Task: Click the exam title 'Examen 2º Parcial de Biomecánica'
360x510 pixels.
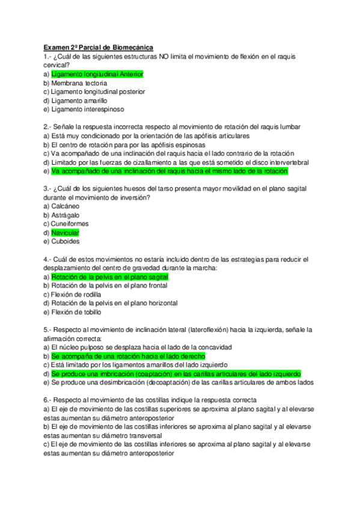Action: point(99,47)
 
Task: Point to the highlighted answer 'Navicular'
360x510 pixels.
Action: point(65,232)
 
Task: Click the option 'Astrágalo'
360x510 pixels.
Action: point(66,215)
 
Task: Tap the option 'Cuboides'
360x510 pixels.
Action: point(66,241)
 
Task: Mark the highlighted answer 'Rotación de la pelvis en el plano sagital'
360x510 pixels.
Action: point(109,277)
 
